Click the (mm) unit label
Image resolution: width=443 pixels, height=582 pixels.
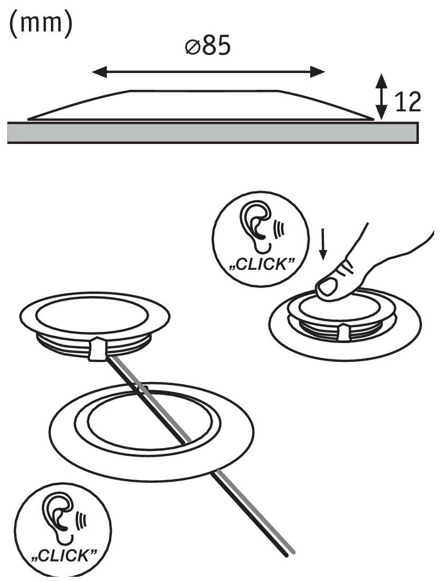point(39,25)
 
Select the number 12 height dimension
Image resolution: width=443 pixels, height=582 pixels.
point(407,103)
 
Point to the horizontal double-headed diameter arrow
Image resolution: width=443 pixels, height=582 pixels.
point(208,72)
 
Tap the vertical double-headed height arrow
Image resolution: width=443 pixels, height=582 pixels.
point(382,96)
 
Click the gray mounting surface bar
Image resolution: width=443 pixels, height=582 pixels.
point(213,132)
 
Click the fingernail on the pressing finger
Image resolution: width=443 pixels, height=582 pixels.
point(328,287)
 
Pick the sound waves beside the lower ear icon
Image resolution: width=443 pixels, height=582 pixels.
point(81,520)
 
